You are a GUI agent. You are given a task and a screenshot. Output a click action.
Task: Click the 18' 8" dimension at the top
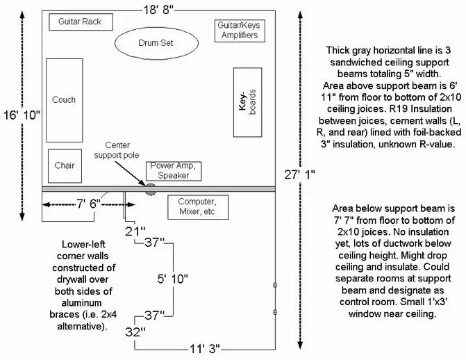158,10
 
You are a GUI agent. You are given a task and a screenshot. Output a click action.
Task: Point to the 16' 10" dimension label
22,115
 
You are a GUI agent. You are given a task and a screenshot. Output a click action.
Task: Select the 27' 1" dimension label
299,174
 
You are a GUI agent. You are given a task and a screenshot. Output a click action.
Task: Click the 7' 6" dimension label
89,204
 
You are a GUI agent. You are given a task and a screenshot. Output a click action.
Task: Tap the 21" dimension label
135,231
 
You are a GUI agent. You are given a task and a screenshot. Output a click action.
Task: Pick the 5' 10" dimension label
173,279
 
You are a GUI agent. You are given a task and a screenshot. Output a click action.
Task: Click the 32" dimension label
135,332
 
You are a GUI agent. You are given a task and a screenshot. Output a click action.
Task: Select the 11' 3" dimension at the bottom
205,349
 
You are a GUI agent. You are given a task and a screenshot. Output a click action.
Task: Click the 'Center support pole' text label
117,150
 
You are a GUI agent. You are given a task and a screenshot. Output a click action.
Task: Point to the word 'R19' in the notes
398,109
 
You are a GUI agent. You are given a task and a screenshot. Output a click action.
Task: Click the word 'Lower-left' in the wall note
83,245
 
